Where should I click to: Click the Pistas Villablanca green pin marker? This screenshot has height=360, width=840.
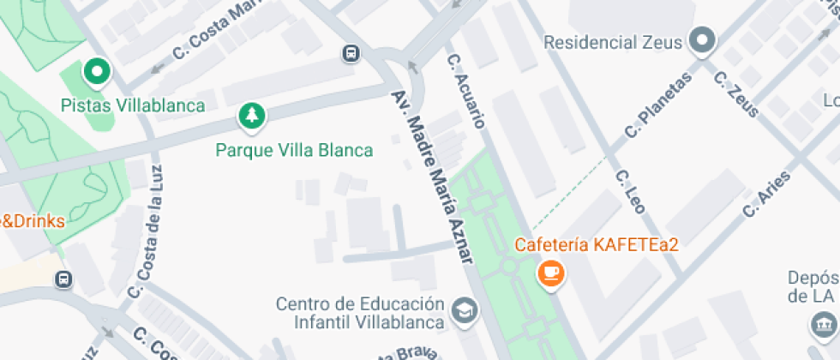click(x=97, y=73)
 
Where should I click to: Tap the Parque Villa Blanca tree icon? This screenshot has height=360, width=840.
click(x=251, y=116)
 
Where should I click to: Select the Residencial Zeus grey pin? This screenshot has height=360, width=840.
click(x=703, y=40)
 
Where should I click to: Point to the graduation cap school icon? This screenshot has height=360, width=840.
click(x=465, y=310)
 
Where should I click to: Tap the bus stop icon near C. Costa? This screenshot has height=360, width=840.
click(x=351, y=53)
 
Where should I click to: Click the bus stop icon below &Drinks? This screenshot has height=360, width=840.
click(x=63, y=279)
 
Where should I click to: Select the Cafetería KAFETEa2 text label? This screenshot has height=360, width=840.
click(x=597, y=245)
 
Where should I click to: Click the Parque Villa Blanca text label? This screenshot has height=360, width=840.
click(x=294, y=150)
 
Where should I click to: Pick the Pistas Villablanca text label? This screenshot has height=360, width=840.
click(x=133, y=105)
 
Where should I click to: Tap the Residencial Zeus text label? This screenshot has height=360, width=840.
click(x=612, y=42)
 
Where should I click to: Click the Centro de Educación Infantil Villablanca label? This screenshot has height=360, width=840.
click(x=360, y=314)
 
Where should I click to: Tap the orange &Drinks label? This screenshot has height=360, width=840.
click(x=33, y=221)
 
